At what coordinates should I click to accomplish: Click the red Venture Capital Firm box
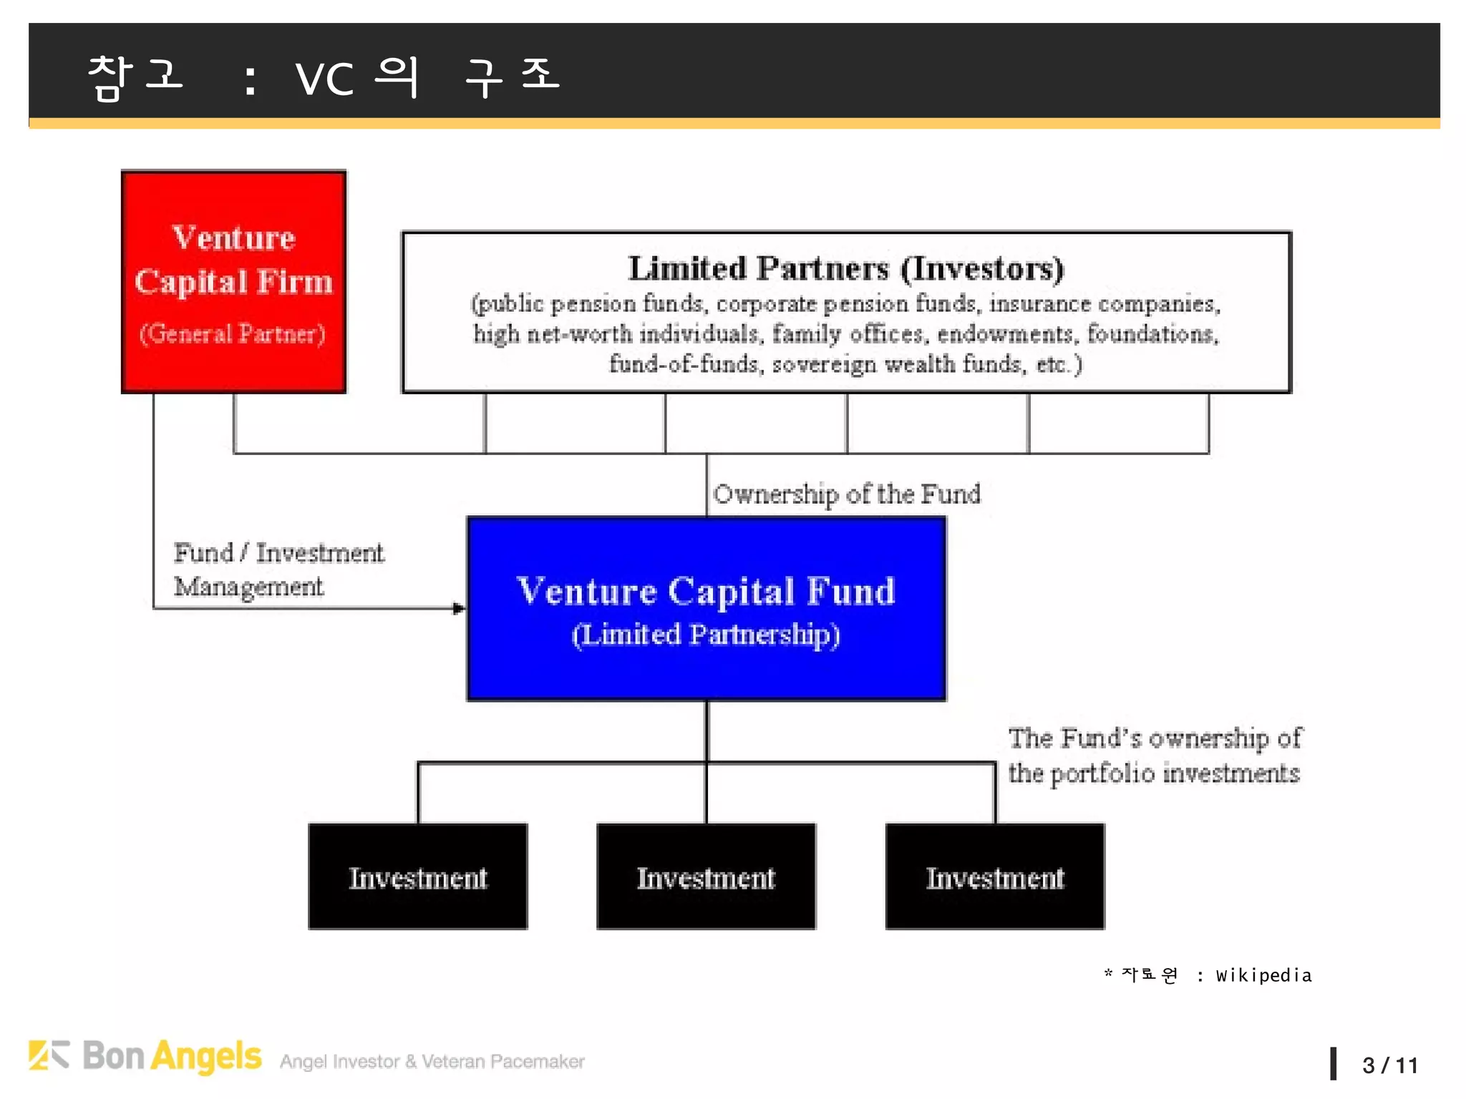pyautogui.click(x=233, y=281)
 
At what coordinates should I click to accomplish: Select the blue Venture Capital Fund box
pyautogui.click(x=706, y=608)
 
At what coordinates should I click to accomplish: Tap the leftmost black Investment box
pyautogui.click(x=418, y=876)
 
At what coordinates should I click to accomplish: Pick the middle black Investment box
pyautogui.click(x=706, y=876)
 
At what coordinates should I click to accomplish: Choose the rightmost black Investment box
pyautogui.click(x=995, y=876)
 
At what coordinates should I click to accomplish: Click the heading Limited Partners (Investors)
pyautogui.click(x=846, y=269)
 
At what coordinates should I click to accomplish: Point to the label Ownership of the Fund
pyautogui.click(x=846, y=494)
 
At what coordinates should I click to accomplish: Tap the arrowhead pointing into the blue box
pyautogui.click(x=459, y=608)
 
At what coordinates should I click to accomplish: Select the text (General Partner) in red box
pyautogui.click(x=233, y=334)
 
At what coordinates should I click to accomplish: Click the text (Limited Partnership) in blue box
pyautogui.click(x=706, y=635)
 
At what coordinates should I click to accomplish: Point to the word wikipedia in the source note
pyautogui.click(x=1263, y=975)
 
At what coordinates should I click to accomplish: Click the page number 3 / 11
pyautogui.click(x=1389, y=1065)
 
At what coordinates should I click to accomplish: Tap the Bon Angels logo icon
pyautogui.click(x=49, y=1055)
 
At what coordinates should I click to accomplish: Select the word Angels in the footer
pyautogui.click(x=207, y=1057)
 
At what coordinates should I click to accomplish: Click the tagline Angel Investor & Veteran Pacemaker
pyautogui.click(x=432, y=1062)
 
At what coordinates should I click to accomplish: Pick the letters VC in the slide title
pyautogui.click(x=324, y=79)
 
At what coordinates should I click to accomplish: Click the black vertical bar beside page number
pyautogui.click(x=1334, y=1063)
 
